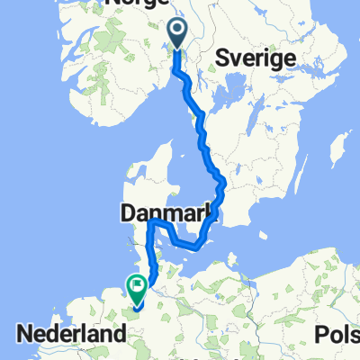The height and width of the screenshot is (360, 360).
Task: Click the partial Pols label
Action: pos(336,334)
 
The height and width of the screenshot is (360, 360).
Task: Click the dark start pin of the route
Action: pos(176,34)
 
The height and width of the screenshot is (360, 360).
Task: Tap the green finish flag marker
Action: pos(137,288)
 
